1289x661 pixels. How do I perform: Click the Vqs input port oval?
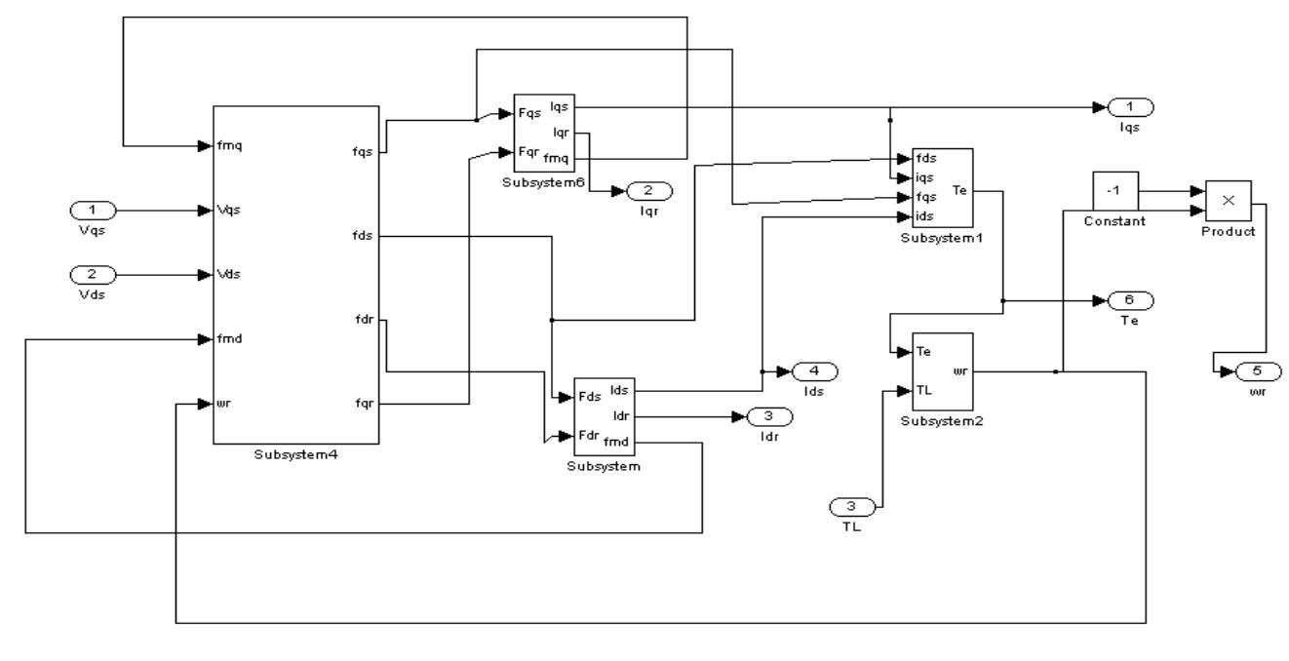(95, 210)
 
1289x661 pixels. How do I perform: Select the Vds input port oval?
(95, 274)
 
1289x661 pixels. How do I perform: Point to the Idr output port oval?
(770, 417)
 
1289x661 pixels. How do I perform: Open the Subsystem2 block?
(942, 370)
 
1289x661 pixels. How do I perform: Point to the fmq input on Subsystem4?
(230, 146)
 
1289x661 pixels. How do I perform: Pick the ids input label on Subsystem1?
(925, 215)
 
